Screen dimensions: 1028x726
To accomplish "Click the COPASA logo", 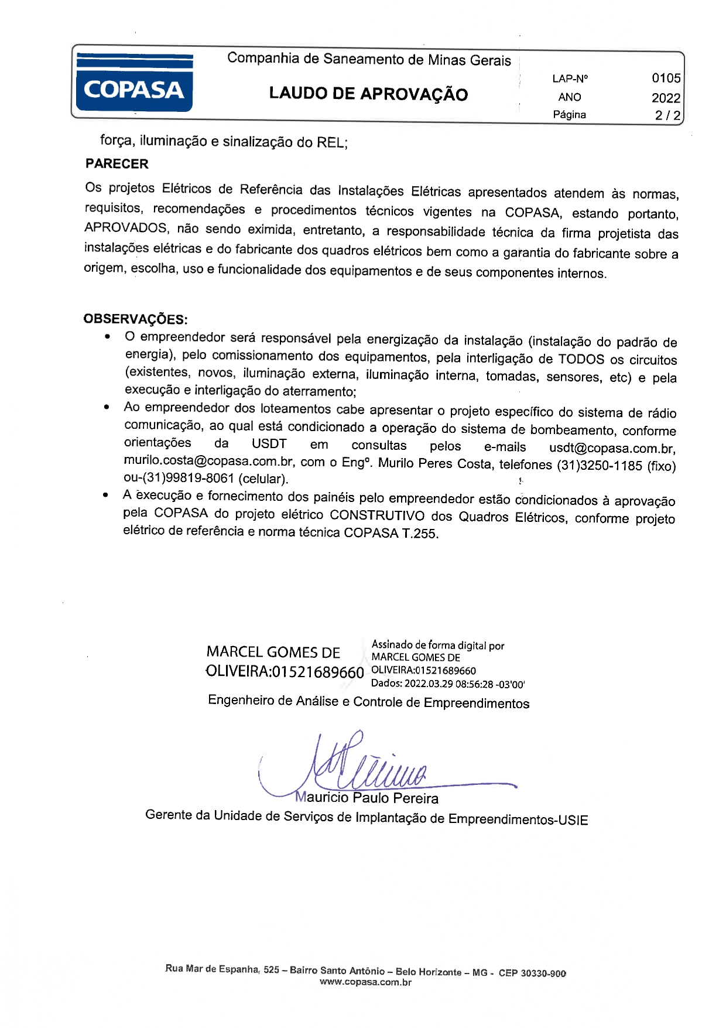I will click(x=134, y=82).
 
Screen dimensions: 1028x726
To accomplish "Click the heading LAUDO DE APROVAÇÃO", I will click(x=368, y=94).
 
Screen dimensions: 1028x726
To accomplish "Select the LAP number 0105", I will click(x=666, y=78).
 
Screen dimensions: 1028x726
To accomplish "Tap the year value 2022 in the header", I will click(x=666, y=97).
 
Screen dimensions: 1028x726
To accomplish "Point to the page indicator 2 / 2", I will click(x=667, y=115).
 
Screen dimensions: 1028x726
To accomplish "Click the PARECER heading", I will click(x=117, y=164).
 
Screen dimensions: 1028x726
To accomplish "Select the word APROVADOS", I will click(x=126, y=228).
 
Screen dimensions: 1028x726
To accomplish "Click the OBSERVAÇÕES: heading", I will click(x=135, y=319).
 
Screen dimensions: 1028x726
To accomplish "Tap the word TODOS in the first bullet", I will click(x=581, y=359).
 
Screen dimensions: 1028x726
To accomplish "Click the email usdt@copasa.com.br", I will click(x=612, y=449).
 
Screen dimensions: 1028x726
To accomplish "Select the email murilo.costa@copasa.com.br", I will click(x=208, y=462).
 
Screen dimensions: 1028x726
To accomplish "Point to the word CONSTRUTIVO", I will click(x=377, y=516).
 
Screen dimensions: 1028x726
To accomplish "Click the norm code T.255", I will click(x=418, y=534).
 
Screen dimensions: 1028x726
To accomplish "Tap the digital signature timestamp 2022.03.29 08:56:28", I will click(x=448, y=684).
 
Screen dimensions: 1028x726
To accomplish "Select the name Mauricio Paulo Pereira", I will click(x=367, y=798).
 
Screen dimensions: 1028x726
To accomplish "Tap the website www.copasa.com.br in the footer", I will click(x=365, y=983).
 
